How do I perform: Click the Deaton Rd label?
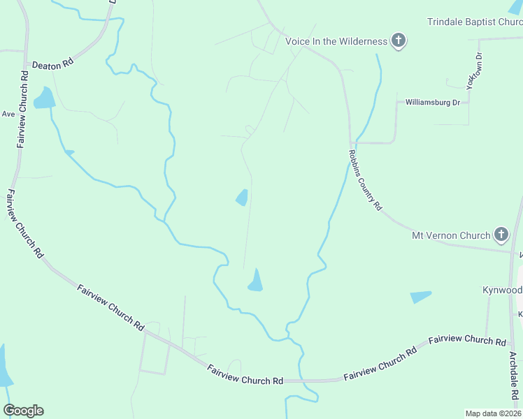point(52,63)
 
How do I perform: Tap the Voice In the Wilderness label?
point(336,41)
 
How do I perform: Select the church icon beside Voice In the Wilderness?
point(399,41)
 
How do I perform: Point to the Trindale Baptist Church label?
point(475,22)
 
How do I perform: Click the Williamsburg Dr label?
point(433,103)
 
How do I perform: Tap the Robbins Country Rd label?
point(366,180)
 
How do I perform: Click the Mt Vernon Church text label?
point(450,235)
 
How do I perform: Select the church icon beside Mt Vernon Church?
point(501,235)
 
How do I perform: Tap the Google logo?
point(23,411)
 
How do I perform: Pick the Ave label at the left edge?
point(8,114)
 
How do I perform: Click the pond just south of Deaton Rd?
point(43,98)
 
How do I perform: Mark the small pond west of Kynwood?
point(421,297)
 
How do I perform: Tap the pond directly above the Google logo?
point(3,367)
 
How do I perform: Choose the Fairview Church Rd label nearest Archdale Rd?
point(466,341)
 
